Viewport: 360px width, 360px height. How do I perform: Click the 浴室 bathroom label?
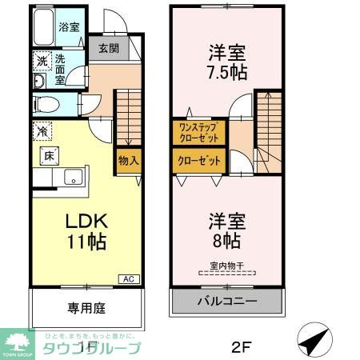pyautogui.click(x=70, y=27)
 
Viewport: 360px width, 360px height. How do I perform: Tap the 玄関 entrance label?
pyautogui.click(x=108, y=48)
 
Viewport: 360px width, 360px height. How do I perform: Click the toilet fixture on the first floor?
pyautogui.click(x=45, y=104)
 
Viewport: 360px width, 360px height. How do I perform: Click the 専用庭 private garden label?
pyautogui.click(x=86, y=307)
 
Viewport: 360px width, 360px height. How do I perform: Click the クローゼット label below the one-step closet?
pyautogui.click(x=198, y=161)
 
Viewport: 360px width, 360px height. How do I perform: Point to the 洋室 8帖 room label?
pyautogui.click(x=226, y=230)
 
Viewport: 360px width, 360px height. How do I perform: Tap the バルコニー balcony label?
pyautogui.click(x=227, y=302)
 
